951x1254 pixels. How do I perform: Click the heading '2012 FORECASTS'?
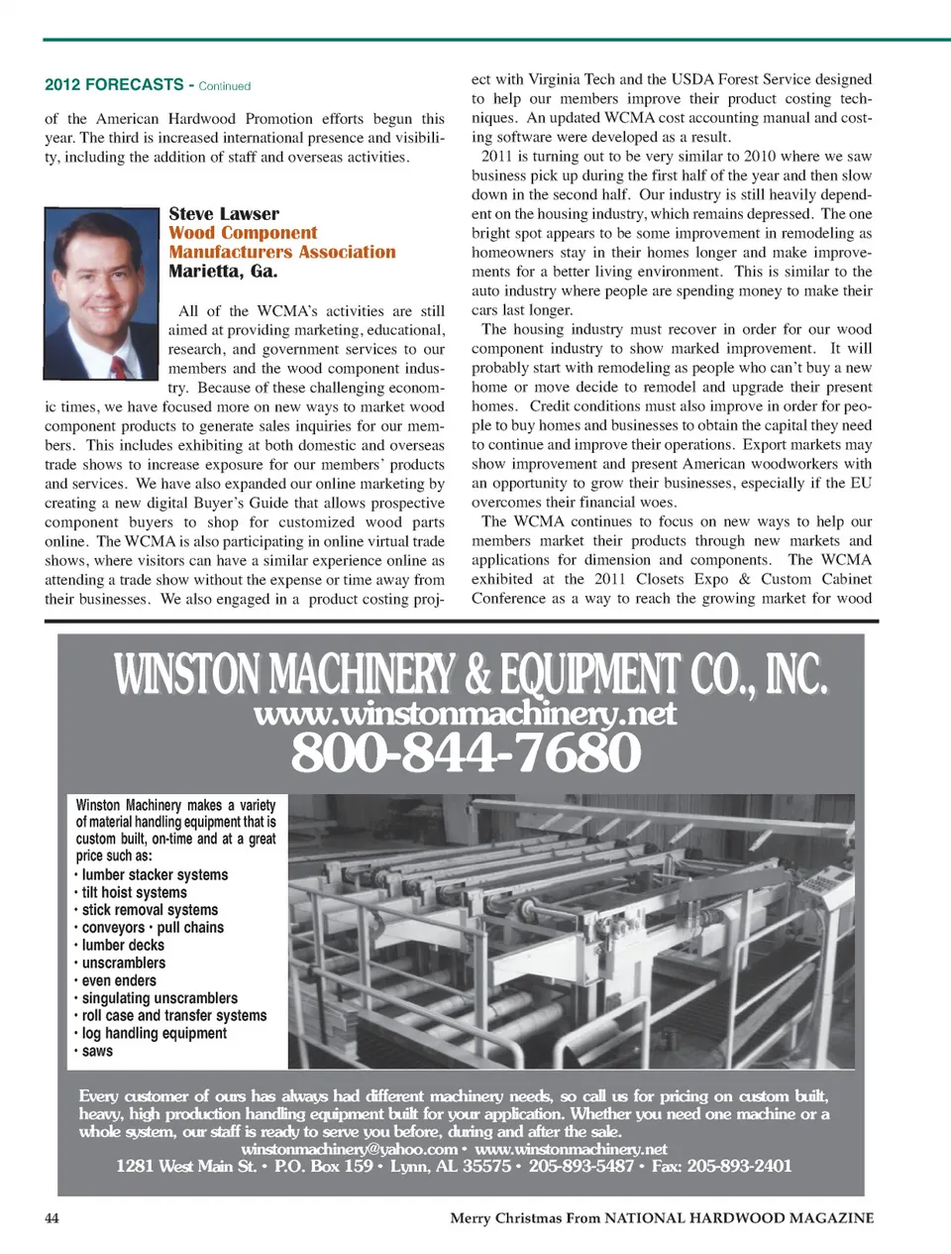point(114,85)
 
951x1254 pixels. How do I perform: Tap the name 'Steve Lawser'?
point(224,214)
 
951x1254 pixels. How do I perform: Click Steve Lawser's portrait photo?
point(102,293)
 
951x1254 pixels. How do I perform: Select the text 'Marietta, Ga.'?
point(223,272)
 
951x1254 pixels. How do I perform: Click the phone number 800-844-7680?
point(466,753)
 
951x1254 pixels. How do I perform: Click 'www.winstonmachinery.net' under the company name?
point(466,714)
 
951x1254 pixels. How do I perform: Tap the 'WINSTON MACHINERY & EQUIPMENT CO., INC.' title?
point(471,675)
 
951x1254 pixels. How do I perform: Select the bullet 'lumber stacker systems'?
point(155,875)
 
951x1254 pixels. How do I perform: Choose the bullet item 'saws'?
point(97,1051)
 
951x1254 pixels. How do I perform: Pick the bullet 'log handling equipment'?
point(154,1033)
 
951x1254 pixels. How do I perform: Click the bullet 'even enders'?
point(119,980)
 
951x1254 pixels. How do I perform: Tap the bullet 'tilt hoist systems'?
point(134,892)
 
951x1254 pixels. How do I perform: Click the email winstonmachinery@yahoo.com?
point(349,1149)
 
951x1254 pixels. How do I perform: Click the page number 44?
point(52,1217)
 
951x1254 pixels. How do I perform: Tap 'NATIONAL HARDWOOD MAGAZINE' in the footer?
point(739,1217)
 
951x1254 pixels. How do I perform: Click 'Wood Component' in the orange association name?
point(243,233)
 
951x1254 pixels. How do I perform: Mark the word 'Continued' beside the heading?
point(225,86)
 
